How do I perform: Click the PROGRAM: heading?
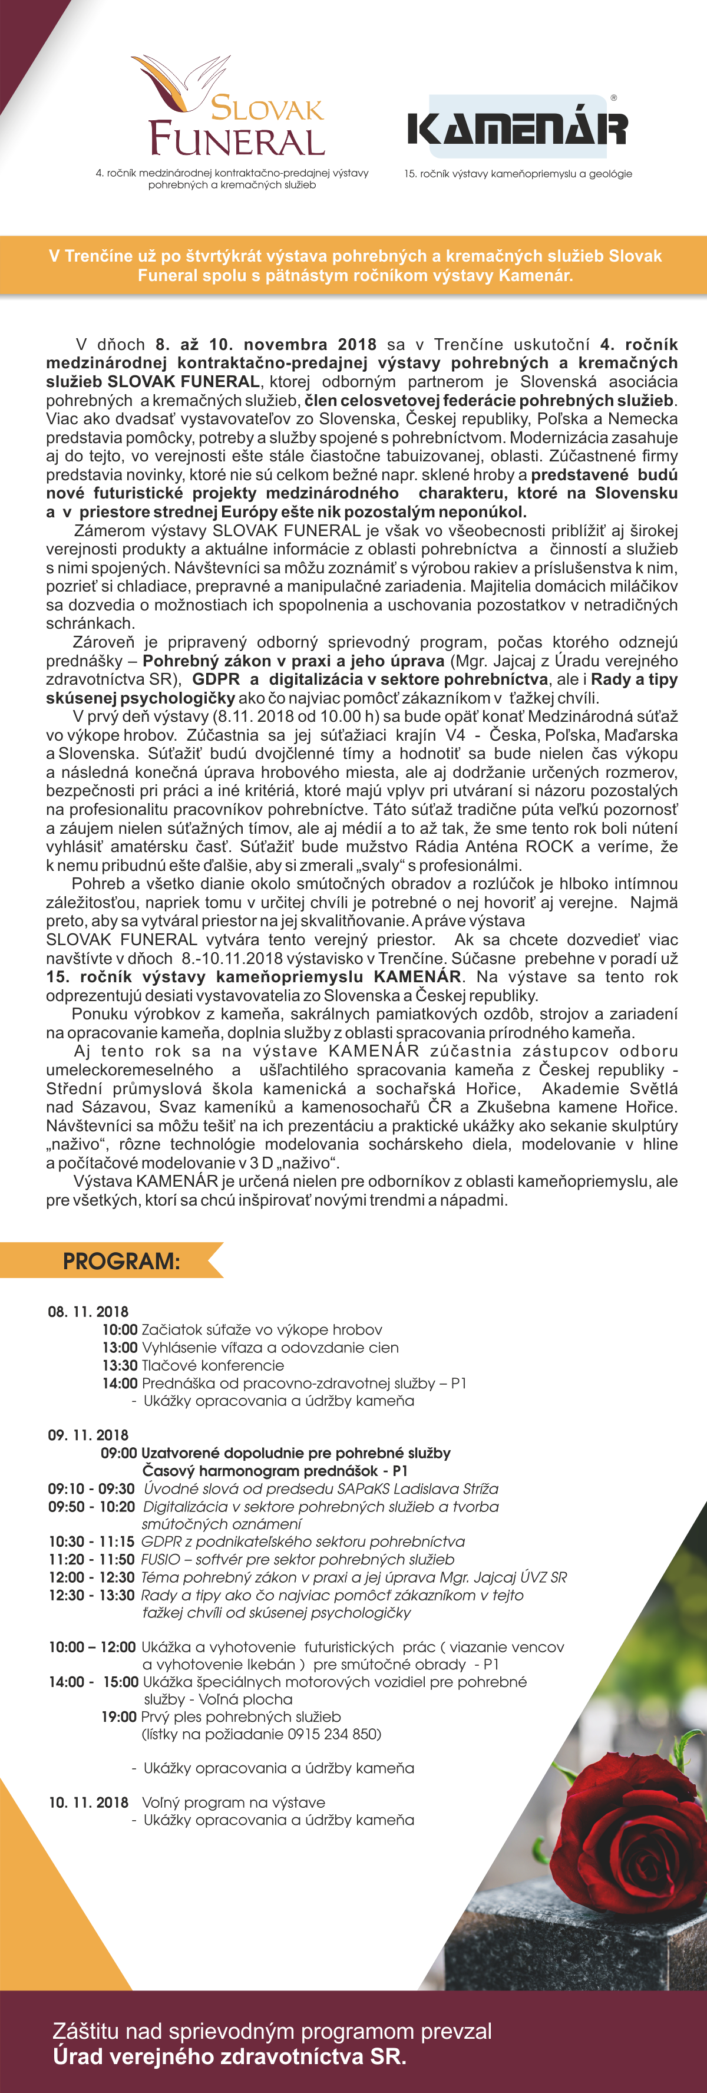pos(121,1261)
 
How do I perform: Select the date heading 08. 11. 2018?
pos(88,1312)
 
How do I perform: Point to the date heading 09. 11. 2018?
pos(88,1435)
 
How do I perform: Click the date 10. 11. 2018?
pos(88,1802)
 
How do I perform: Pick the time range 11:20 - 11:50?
pos(91,1559)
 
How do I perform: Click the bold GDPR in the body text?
pos(216,679)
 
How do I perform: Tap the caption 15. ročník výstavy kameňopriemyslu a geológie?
pos(518,174)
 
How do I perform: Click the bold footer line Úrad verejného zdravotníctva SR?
pos(229,2056)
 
